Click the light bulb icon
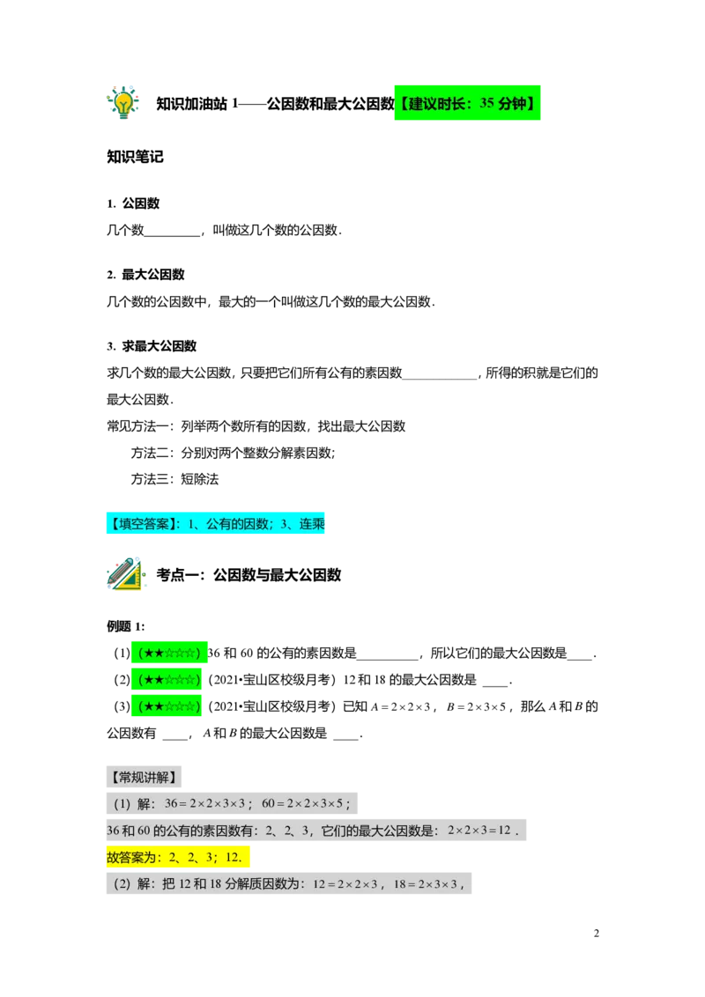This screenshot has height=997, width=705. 122,102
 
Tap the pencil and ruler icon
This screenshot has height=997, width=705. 126,573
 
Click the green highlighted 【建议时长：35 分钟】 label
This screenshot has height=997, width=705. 467,102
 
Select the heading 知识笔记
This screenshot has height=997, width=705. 135,157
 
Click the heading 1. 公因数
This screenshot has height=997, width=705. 133,203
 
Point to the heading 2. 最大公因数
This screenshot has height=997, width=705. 145,275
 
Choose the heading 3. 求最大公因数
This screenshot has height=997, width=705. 152,346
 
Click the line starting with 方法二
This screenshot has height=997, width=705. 233,453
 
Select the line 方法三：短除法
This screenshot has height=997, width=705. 175,479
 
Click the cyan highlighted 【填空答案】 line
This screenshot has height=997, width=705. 215,523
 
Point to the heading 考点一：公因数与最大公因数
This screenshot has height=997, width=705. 249,575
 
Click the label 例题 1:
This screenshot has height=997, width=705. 125,626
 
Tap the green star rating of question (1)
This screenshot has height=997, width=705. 169,653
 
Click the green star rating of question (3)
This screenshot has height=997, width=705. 167,705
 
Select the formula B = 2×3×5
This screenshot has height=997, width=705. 476,706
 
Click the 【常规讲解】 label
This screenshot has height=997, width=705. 144,776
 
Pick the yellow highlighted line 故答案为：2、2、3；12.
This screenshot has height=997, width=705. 178,856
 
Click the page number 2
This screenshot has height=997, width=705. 597,934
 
